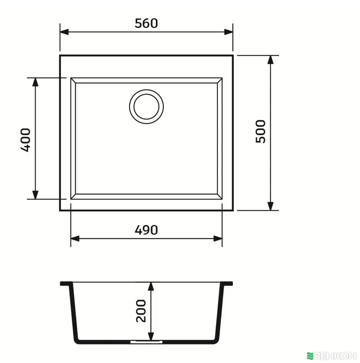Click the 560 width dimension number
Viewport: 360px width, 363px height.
pos(146,23)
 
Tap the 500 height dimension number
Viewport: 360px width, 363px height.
pos(260,131)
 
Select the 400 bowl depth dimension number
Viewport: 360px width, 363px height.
pos(25,140)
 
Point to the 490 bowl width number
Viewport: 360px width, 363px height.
pos(146,230)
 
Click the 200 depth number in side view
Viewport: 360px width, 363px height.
pos(141,311)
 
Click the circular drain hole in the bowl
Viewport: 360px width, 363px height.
pos(146,107)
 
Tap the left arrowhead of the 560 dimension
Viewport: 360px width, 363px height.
pos(64,32)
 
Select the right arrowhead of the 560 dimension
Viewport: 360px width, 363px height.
pos(228,32)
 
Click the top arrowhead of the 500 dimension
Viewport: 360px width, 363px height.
pos(270,60)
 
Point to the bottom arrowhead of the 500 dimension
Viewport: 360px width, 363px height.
pos(270,206)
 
